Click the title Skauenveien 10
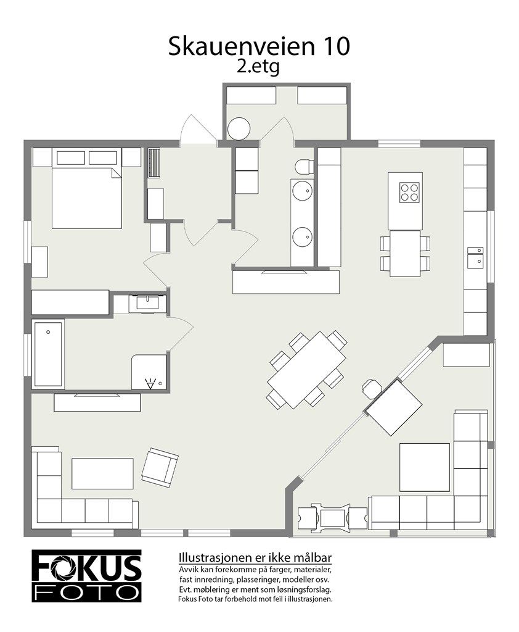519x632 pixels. tap(259, 46)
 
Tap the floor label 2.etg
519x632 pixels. tap(258, 67)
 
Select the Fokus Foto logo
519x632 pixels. tap(86, 576)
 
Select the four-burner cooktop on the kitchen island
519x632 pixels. tap(406, 193)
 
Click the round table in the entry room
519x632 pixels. tap(239, 129)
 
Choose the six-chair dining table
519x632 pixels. tap(306, 369)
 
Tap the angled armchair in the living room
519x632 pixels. tap(159, 467)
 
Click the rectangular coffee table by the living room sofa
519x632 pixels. tap(102, 473)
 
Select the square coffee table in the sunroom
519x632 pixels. tap(424, 467)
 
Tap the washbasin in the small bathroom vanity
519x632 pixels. tap(147, 302)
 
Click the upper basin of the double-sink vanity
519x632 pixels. tap(302, 191)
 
